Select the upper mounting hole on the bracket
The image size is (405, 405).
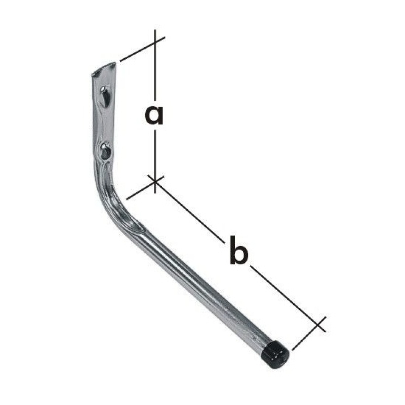[x=105, y=95]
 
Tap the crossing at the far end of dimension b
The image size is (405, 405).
[x=318, y=324]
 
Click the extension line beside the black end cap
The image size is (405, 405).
[x=306, y=337]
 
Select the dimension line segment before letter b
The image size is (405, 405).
[x=190, y=213]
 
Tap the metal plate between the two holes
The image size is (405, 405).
[x=105, y=123]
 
